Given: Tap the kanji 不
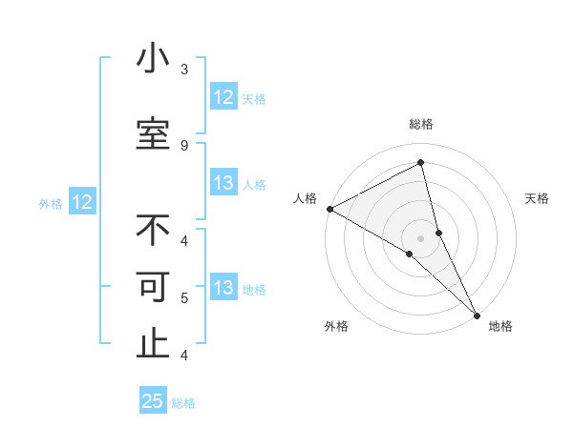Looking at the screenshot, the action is (153, 230).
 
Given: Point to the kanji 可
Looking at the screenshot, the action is (153, 288).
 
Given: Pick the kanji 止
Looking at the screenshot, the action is (153, 345).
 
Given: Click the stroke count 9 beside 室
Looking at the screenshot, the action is (184, 146).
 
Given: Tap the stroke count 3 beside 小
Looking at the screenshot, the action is (184, 70).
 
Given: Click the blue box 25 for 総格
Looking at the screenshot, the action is (153, 401).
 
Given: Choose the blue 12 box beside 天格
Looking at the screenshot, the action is (223, 97).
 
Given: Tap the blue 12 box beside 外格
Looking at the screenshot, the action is (81, 202).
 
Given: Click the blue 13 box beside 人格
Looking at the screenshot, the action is (223, 183).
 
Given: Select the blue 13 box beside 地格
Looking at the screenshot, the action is (223, 288).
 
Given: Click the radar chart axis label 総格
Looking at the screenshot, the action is (421, 124).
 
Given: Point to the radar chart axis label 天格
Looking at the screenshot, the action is (538, 198).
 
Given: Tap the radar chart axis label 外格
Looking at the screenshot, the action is (336, 326).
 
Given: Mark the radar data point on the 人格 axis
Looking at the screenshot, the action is (329, 209).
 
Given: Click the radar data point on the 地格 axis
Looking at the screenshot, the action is (477, 314).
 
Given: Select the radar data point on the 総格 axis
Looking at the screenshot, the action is (421, 163).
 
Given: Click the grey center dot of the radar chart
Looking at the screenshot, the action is (421, 238).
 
